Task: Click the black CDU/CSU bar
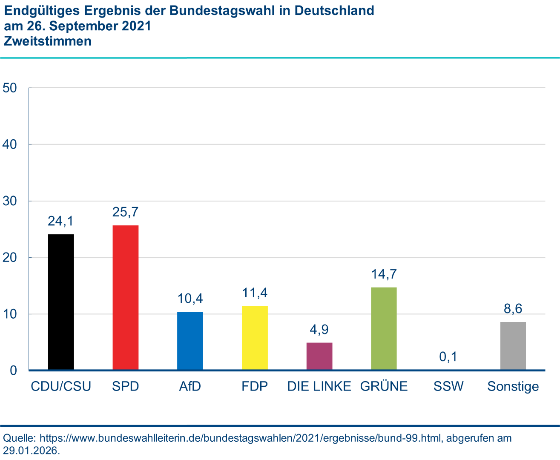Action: point(61,302)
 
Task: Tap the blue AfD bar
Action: point(190,341)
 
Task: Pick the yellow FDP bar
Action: point(255,338)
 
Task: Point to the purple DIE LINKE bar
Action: point(319,356)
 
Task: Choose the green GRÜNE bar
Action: point(384,328)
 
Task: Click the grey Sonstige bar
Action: point(513,346)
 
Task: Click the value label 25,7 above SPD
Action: point(126,212)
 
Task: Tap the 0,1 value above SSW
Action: point(448,356)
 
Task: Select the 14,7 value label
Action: point(384,274)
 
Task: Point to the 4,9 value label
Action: point(319,330)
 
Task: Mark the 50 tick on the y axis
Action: point(10,88)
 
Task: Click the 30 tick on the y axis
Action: point(10,201)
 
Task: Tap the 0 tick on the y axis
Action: point(13,371)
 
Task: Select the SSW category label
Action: point(448,386)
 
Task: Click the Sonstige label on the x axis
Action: point(513,387)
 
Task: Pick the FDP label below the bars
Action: point(255,386)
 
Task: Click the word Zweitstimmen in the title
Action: point(48,41)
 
